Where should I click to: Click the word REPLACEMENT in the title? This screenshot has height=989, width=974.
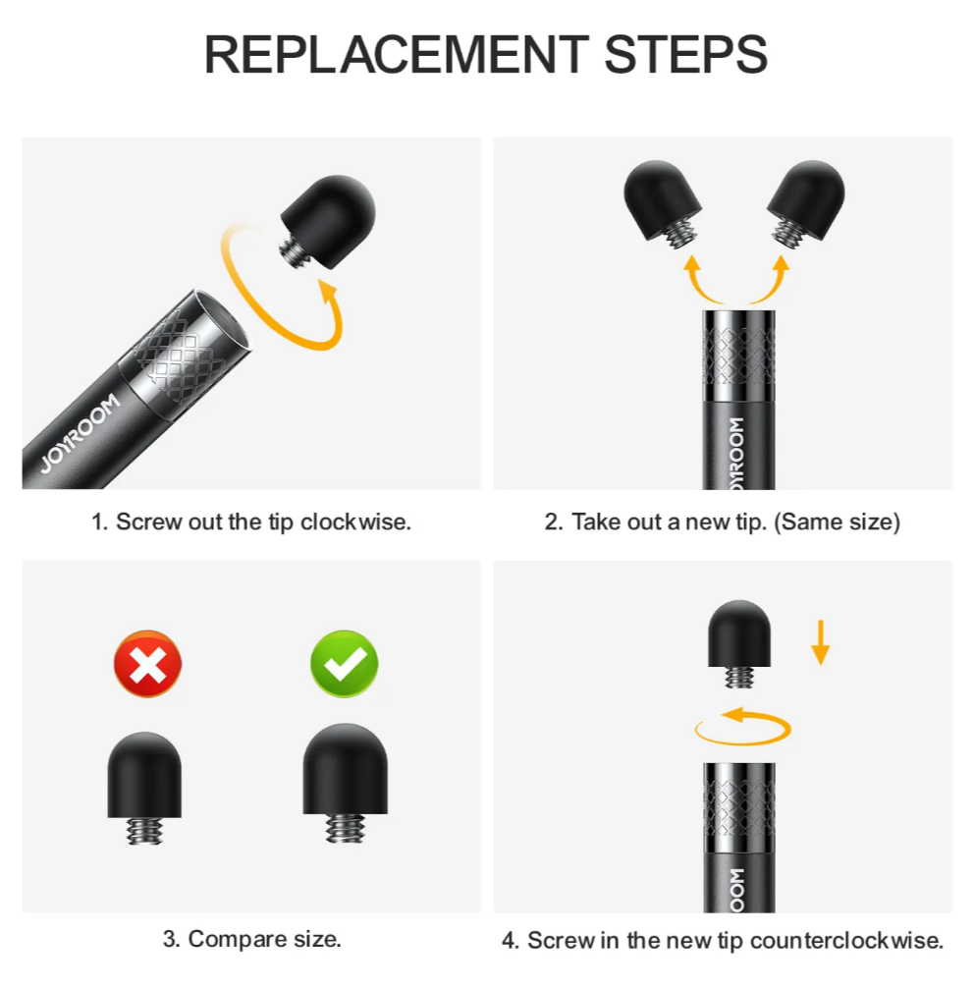(397, 54)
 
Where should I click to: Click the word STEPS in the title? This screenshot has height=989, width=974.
(685, 54)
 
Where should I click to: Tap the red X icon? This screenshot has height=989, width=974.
(147, 664)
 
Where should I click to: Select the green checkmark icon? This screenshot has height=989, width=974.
(345, 664)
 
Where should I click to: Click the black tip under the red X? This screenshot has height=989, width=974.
(144, 775)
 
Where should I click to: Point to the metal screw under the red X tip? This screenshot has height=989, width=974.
(144, 831)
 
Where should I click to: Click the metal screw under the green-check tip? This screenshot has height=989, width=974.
(345, 828)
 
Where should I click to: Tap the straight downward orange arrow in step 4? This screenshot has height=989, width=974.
(820, 642)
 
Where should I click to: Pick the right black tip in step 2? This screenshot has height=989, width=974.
(808, 194)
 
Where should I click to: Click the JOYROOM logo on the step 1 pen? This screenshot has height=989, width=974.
(81, 432)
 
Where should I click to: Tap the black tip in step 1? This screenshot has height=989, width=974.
(329, 221)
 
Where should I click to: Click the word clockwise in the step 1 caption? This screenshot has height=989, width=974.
(355, 522)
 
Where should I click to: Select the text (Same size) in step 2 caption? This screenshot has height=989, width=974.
(837, 522)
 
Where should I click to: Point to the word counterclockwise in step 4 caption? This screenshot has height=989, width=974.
(846, 941)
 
